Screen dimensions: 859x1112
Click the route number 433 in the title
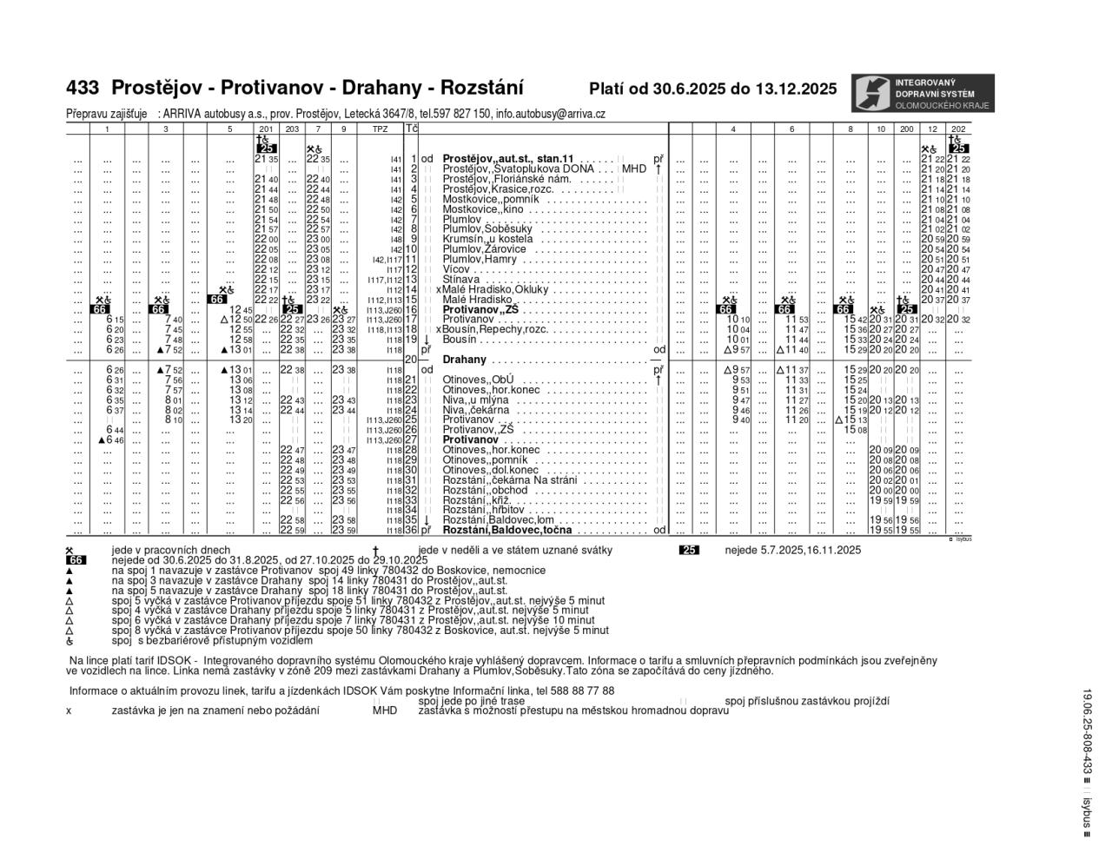coord(83,88)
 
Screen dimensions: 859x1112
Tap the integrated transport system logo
coord(920,93)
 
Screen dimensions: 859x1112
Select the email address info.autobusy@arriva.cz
coord(551,114)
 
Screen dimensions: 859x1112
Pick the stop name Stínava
coord(461,280)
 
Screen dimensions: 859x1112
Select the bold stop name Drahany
coord(465,360)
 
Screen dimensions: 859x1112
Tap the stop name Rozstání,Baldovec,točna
coord(507,530)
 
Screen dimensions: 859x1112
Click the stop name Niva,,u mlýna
coord(476,400)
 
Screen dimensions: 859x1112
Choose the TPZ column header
coord(381,129)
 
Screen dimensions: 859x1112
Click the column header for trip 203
coord(292,129)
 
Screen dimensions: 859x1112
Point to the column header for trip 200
coord(907,129)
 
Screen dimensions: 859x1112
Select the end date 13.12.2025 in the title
coord(796,89)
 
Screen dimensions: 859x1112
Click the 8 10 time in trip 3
coord(173,420)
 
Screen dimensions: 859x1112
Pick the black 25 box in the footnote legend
coord(690,550)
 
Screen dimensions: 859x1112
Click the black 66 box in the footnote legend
coord(76,560)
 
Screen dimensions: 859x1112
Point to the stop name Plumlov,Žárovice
coord(484,249)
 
